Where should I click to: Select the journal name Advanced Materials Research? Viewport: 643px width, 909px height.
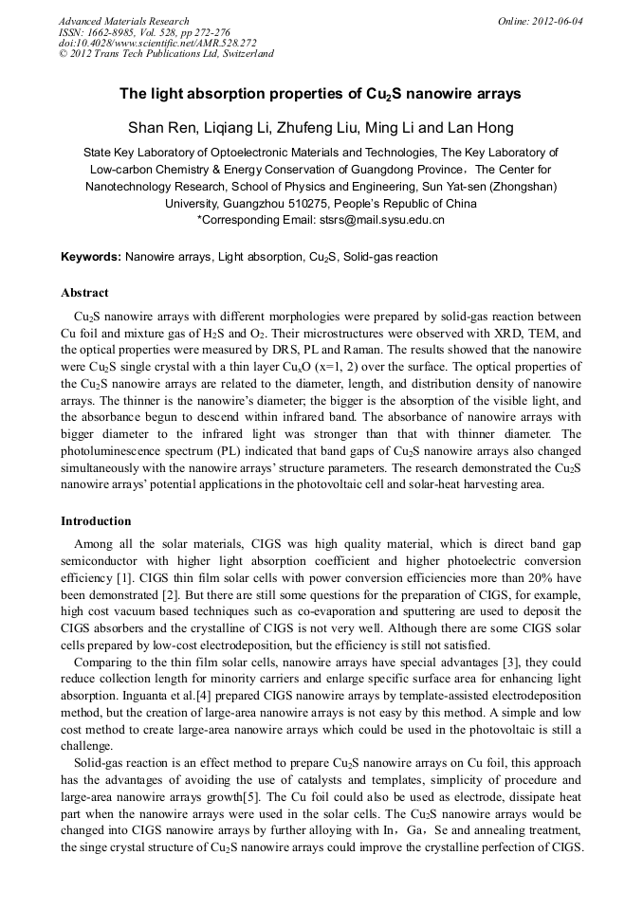coord(124,21)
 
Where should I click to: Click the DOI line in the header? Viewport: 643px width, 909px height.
coord(156,43)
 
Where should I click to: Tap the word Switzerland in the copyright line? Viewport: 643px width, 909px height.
coord(245,54)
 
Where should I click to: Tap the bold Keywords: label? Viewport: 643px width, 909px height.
coord(91,257)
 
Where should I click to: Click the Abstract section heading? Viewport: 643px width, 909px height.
coord(84,293)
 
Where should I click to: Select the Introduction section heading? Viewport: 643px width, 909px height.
coord(96,521)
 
